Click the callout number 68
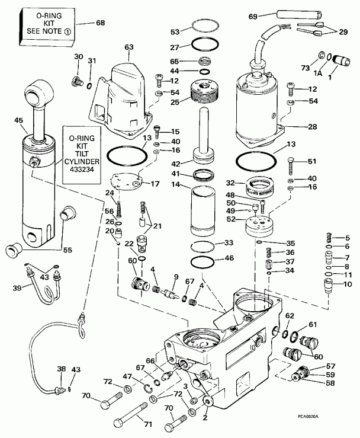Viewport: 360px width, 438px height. tap(100, 23)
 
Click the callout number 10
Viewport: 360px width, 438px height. tap(348, 284)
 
